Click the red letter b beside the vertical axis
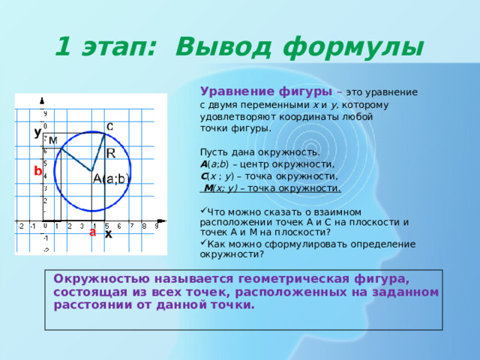(x=37, y=171)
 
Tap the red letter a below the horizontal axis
(x=92, y=232)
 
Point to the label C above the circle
(x=109, y=127)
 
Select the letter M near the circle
(x=53, y=140)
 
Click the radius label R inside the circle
(x=111, y=153)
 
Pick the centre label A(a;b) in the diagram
(x=111, y=178)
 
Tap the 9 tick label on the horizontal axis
(x=157, y=226)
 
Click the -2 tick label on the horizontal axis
(x=21, y=226)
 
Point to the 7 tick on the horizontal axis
(x=132, y=226)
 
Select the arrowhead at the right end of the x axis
(x=162, y=220)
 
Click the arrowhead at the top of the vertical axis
(x=42, y=100)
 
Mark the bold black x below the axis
(x=108, y=235)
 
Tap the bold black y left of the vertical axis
(x=37, y=133)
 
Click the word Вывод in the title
(x=223, y=47)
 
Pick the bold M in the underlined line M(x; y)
(x=208, y=188)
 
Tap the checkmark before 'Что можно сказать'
(x=203, y=210)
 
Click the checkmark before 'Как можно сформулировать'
(x=203, y=242)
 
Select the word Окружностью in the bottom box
(x=102, y=279)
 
